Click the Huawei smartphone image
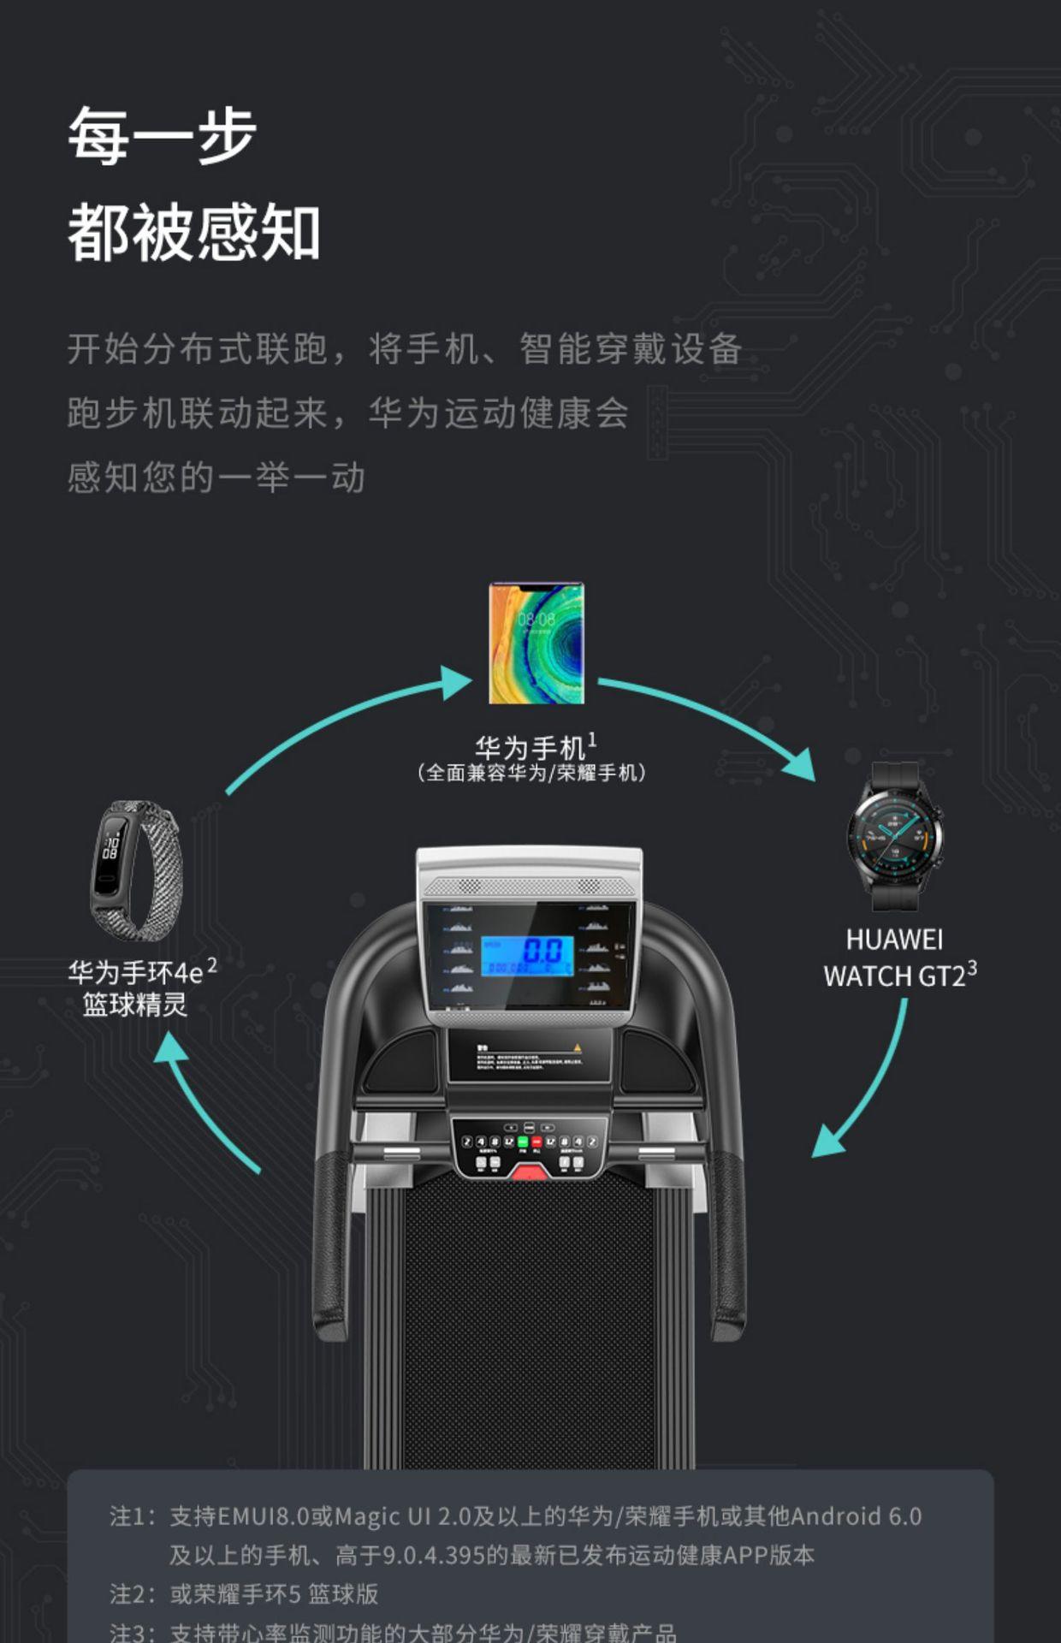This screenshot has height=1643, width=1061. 536,644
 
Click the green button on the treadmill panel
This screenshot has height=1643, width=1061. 523,1142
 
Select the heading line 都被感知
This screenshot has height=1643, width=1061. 194,233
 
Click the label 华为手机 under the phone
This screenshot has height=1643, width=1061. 530,748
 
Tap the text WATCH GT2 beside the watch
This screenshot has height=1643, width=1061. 894,976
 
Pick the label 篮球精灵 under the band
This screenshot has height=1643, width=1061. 135,1005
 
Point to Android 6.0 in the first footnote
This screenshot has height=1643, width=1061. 856,1516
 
